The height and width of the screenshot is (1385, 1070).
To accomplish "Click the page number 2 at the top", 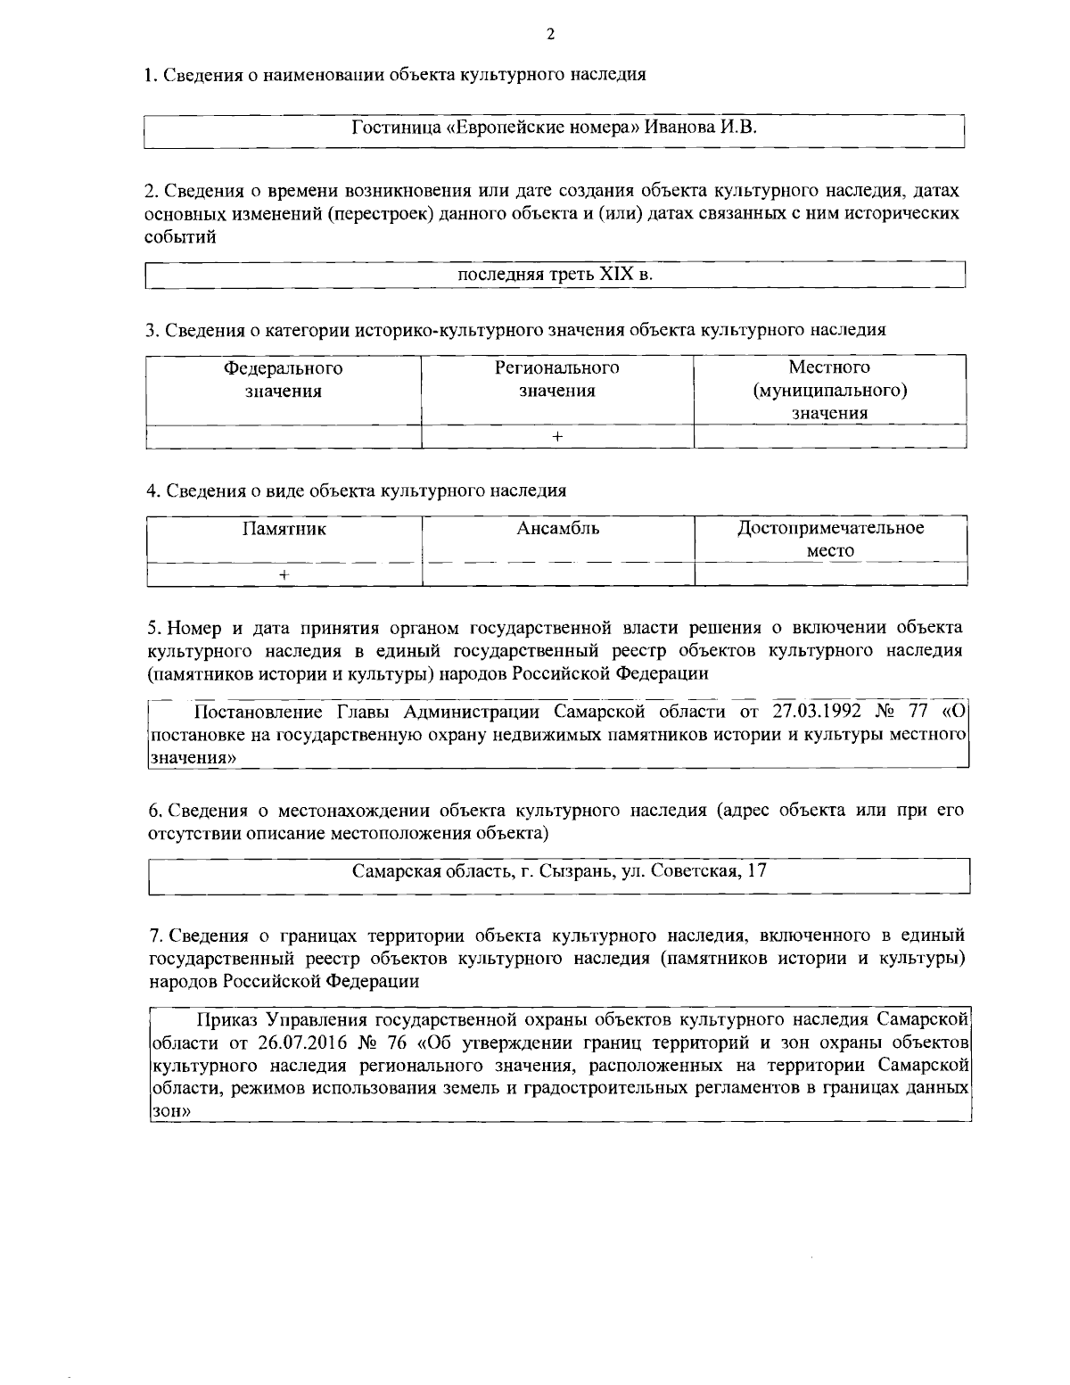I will pos(550,35).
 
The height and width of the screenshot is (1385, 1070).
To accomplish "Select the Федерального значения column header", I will pos(284,379).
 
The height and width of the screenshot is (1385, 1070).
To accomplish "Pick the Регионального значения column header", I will pos(557,379).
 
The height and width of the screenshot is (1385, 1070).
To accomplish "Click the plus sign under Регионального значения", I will pos(557,437).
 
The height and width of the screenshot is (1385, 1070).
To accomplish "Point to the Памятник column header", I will pos(284,529).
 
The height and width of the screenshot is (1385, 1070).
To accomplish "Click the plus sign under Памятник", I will pos(284,575).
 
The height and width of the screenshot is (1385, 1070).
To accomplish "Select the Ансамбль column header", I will pos(558,529).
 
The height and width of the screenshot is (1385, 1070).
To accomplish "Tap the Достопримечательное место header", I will pos(831,540).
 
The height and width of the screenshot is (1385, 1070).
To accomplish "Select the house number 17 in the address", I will pos(757,870).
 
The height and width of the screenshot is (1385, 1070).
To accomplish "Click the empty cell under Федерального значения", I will pos(284,437).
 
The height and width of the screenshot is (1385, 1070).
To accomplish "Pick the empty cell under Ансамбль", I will pos(558,575).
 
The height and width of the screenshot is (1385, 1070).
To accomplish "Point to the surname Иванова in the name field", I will pos(681,127).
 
